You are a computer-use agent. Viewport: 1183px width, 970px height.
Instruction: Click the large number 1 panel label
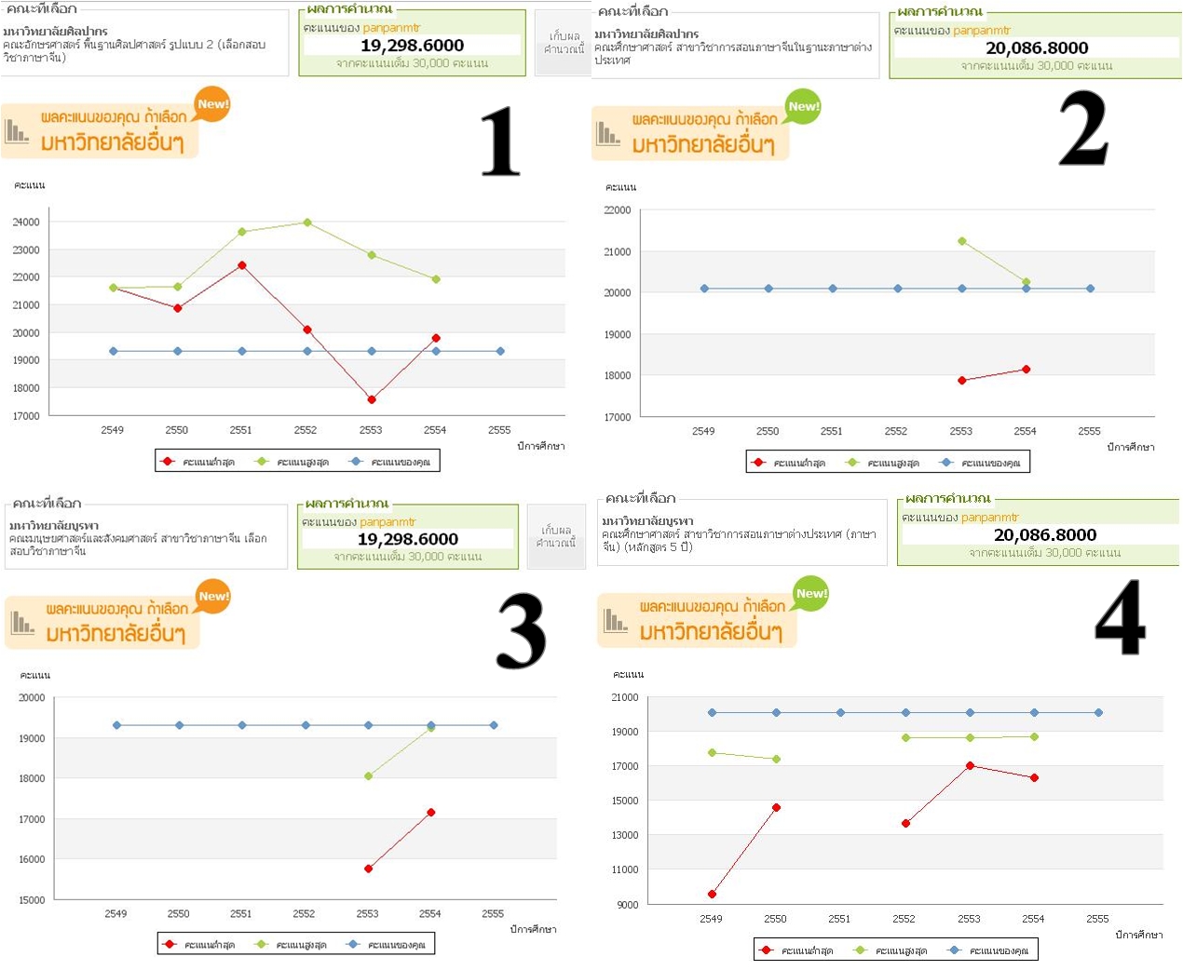tap(500, 141)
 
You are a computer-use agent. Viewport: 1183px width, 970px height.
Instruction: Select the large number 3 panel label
tap(521, 632)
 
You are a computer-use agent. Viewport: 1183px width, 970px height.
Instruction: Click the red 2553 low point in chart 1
tap(372, 399)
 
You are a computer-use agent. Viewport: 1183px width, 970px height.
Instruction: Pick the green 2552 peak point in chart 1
tap(307, 222)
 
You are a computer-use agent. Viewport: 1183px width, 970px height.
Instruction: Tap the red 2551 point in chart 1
tap(242, 265)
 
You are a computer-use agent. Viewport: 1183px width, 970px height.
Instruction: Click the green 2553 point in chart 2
tap(962, 241)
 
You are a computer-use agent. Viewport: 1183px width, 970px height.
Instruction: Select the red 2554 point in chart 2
tap(1027, 370)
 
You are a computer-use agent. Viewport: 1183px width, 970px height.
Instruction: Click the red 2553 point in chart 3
tap(369, 869)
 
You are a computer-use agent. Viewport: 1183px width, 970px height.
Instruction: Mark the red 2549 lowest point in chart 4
tap(713, 895)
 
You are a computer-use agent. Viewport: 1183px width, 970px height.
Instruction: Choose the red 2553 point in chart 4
tap(971, 765)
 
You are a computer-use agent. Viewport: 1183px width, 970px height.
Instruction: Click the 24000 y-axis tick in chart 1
tap(26, 222)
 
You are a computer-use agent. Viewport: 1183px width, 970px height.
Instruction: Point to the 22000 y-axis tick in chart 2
tap(618, 210)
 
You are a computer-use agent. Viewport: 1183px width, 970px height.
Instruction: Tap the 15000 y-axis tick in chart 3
tap(32, 900)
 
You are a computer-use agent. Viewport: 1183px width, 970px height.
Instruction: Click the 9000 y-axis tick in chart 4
tap(628, 905)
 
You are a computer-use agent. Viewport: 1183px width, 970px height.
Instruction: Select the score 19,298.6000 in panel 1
tap(412, 46)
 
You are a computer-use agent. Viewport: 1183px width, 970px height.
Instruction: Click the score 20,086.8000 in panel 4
tap(1044, 535)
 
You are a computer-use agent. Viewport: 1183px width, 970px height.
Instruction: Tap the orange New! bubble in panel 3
tap(213, 597)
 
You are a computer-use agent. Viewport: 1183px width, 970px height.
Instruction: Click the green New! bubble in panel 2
tap(803, 107)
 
